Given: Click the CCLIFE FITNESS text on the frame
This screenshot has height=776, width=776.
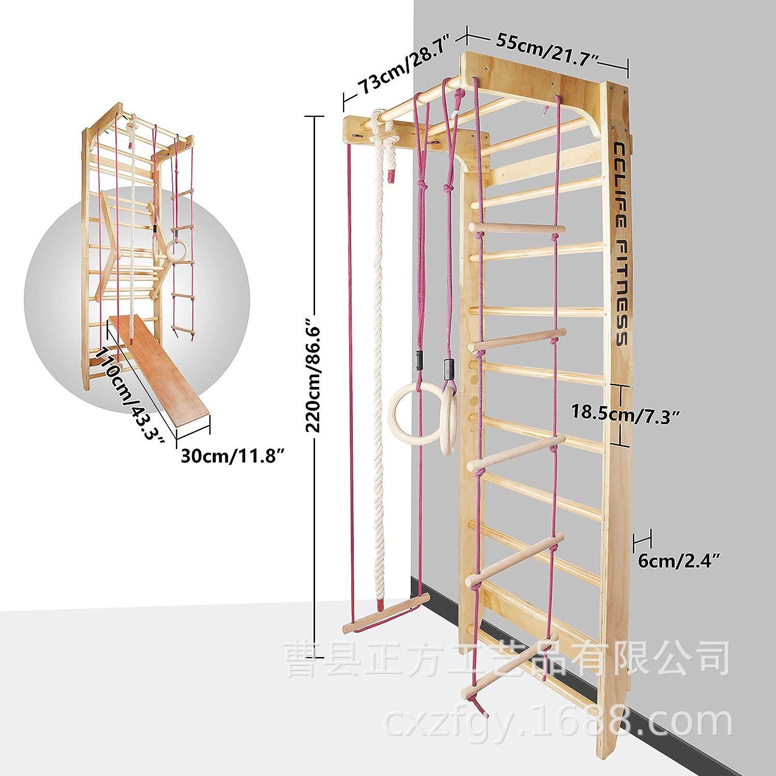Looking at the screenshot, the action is pyautogui.click(x=620, y=243).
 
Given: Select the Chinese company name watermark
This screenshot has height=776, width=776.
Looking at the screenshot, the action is pyautogui.click(x=507, y=658).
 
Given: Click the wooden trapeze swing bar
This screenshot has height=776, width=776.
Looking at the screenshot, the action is pyautogui.click(x=386, y=613).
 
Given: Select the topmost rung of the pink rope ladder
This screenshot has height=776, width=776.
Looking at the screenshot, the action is pyautogui.click(x=517, y=227).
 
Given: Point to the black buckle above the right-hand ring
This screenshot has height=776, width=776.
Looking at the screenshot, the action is pyautogui.click(x=447, y=368).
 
